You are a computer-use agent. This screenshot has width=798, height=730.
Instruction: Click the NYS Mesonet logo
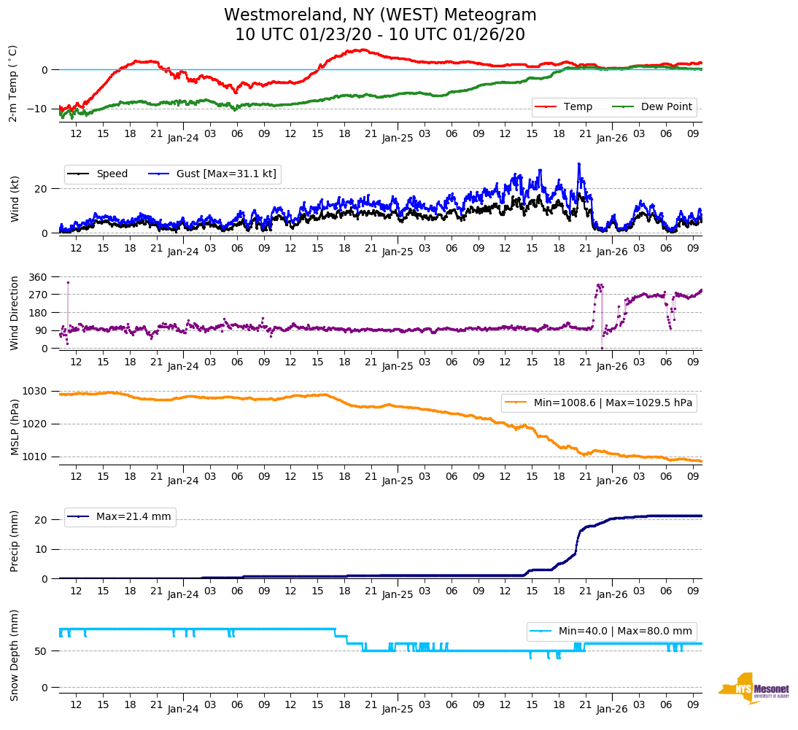click(x=754, y=688)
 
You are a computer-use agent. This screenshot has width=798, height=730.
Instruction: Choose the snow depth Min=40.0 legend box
click(x=611, y=631)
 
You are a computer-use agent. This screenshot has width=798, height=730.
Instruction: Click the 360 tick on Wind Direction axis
click(x=38, y=277)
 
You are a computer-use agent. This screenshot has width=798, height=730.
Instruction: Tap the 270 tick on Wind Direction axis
click(x=38, y=295)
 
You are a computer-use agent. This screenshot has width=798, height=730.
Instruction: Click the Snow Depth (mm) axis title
click(x=14, y=655)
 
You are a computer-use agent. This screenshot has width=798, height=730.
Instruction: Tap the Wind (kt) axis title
click(x=14, y=200)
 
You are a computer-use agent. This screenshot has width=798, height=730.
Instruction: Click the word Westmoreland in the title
click(x=283, y=15)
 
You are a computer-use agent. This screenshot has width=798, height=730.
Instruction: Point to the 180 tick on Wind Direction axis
click(x=38, y=313)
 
